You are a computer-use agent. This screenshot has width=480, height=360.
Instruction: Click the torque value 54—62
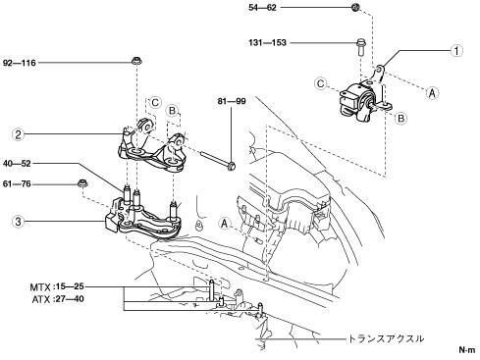point(262,8)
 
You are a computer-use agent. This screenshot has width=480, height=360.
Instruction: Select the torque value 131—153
point(267,43)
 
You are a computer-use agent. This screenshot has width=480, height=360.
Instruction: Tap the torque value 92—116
point(20,63)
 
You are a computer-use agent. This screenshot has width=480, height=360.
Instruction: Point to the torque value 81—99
point(232,101)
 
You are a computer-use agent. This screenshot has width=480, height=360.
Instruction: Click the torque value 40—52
point(17,164)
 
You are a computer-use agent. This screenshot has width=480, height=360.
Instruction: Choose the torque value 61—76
point(17,184)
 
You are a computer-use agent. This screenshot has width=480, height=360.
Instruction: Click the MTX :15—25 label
point(57,287)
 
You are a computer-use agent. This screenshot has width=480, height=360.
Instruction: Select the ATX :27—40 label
point(58,299)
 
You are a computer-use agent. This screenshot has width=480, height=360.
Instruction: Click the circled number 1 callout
point(456,51)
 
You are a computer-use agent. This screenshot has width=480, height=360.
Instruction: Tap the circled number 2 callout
point(18,134)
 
